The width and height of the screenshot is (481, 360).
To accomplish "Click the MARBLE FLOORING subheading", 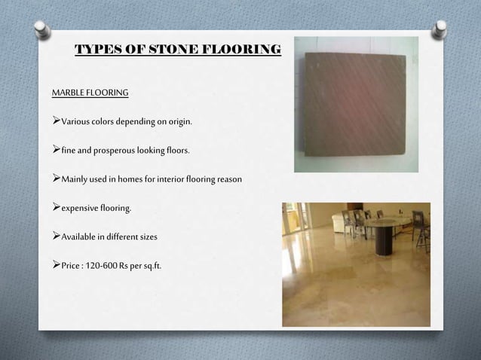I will [x=90, y=93].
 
